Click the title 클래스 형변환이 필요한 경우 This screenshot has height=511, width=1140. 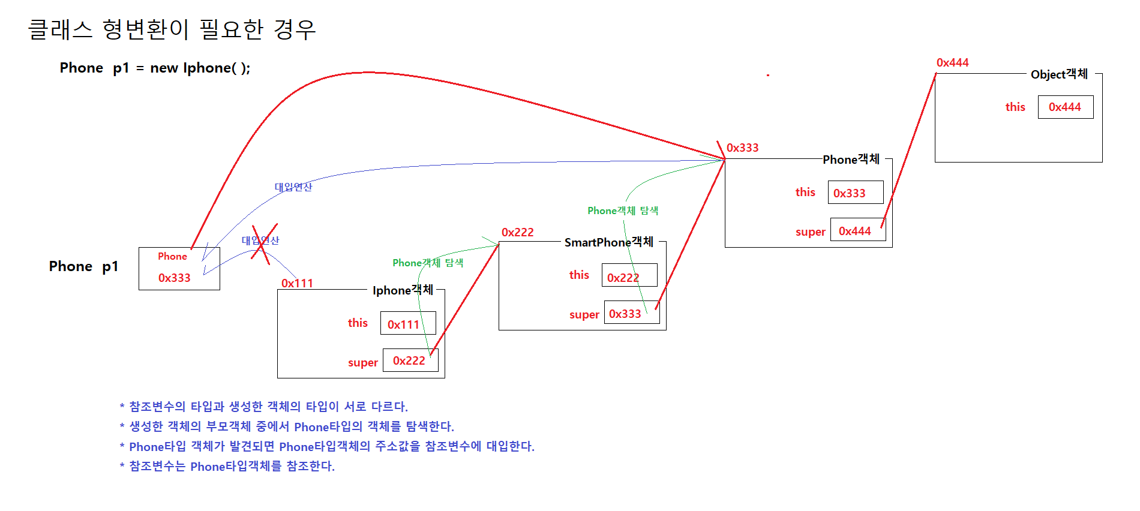click(x=172, y=29)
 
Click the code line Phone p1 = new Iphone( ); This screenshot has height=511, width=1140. click(x=155, y=68)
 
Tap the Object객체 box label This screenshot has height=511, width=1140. click(x=1059, y=74)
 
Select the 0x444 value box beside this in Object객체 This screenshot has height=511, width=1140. click(x=1066, y=107)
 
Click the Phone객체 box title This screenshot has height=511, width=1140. click(x=851, y=159)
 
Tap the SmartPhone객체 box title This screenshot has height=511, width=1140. click(x=608, y=242)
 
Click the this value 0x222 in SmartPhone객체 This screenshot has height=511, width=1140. click(x=629, y=276)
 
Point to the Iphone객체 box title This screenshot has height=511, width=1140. click(x=403, y=290)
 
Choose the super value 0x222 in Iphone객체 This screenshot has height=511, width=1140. click(x=410, y=360)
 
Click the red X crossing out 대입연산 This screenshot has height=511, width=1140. click(x=264, y=242)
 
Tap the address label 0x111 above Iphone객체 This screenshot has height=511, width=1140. click(x=297, y=283)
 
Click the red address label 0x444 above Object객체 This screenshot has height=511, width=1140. click(x=952, y=62)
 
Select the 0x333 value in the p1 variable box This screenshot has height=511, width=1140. click(x=174, y=278)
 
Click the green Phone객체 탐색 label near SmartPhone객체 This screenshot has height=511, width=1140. click(x=623, y=211)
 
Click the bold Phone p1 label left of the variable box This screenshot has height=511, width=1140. click(x=83, y=266)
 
